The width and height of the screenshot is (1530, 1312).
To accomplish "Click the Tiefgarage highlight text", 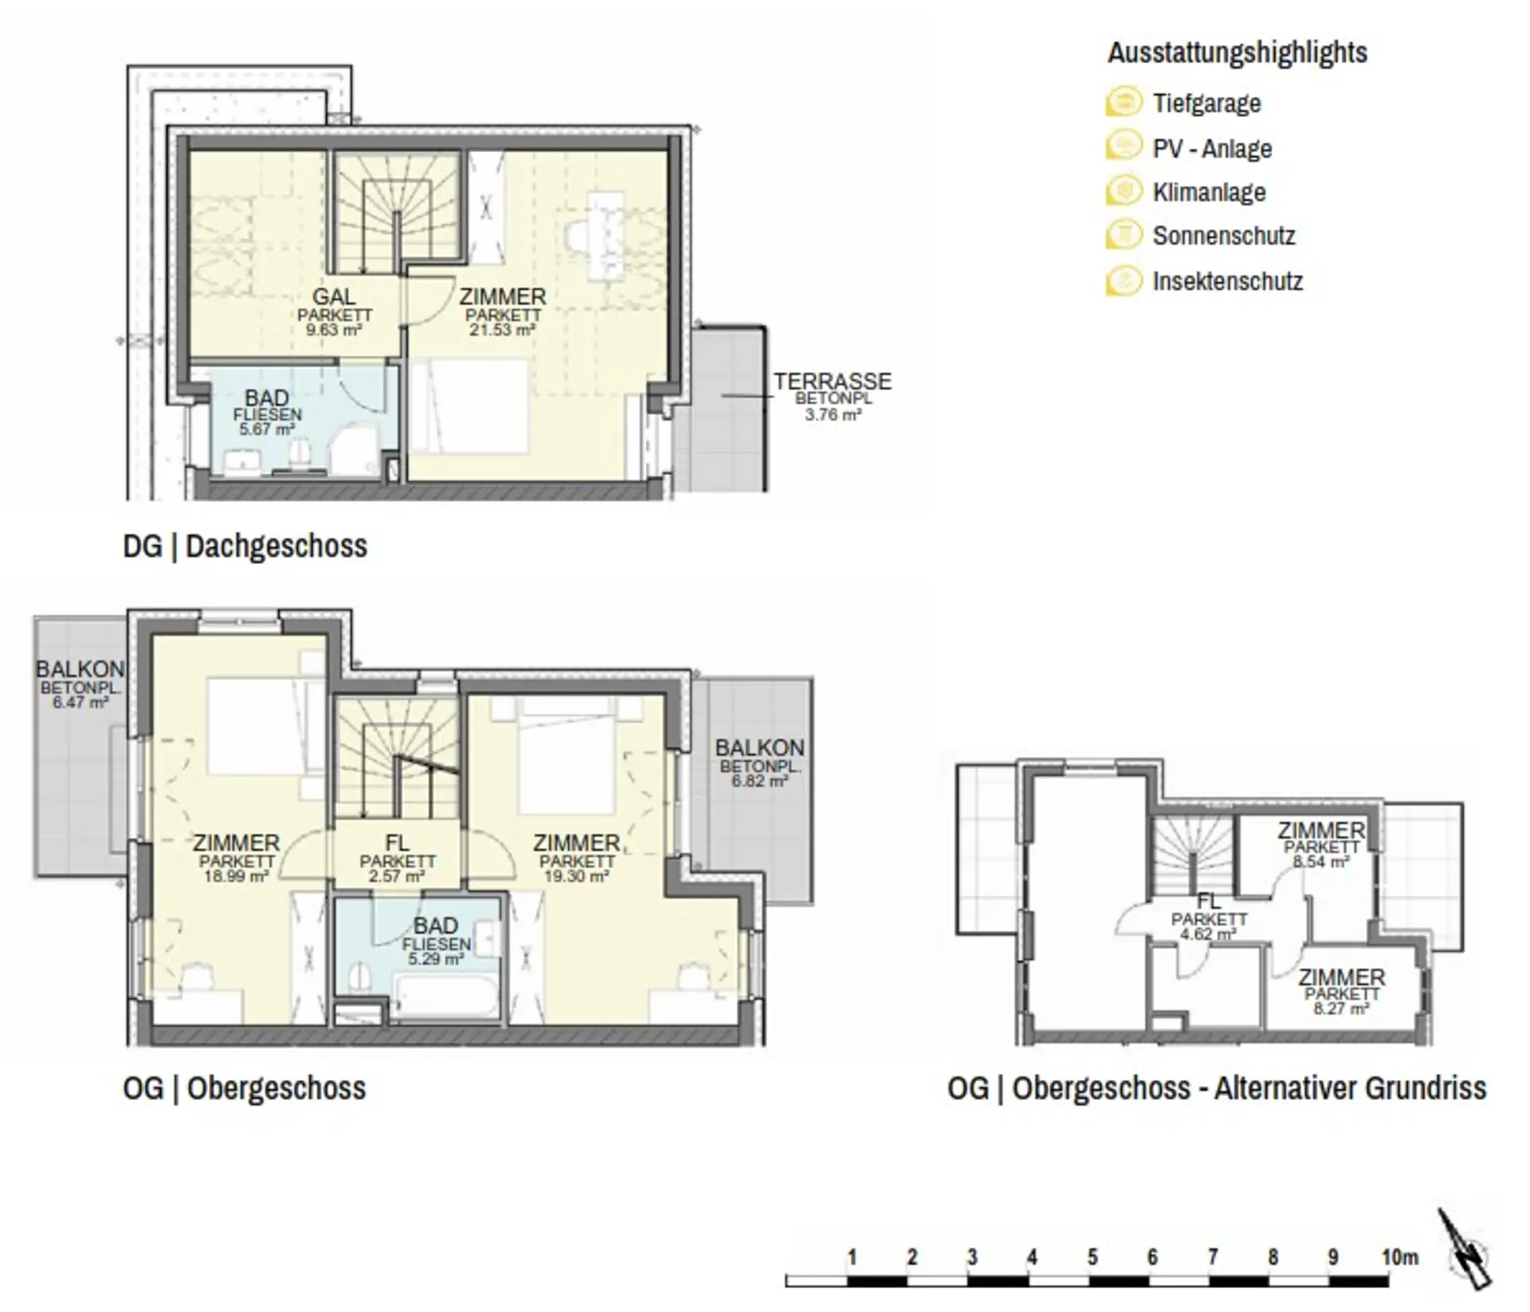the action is click(1206, 104).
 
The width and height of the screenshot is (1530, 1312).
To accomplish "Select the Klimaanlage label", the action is click(1209, 192).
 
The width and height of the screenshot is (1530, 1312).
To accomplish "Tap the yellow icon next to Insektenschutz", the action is click(1124, 281).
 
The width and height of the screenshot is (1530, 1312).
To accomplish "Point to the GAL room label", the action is click(334, 296).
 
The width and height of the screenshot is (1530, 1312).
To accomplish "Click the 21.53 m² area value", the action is click(502, 330).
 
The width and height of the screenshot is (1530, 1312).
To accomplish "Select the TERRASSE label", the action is click(833, 382).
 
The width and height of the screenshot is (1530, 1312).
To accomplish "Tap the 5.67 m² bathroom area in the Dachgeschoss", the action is click(267, 429).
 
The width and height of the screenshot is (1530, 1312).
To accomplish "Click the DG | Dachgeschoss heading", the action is click(245, 546).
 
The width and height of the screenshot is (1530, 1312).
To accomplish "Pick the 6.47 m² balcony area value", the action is click(80, 703).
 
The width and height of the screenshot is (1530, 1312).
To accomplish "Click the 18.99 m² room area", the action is click(236, 875).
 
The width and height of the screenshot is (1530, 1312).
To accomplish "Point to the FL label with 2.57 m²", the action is click(397, 843).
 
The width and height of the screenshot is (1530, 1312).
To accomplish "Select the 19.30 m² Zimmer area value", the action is click(576, 875).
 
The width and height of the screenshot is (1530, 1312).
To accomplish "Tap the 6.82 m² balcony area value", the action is click(759, 781).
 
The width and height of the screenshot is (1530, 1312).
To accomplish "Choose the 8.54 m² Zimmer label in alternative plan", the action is click(1321, 830).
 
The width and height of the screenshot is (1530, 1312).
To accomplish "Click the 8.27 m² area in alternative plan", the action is click(1341, 1008).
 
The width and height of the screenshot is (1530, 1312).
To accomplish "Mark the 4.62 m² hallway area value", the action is click(1208, 934).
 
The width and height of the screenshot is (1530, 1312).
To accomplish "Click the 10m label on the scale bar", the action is click(1400, 1257).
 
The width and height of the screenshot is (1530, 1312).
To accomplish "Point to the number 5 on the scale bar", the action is click(1093, 1257).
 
